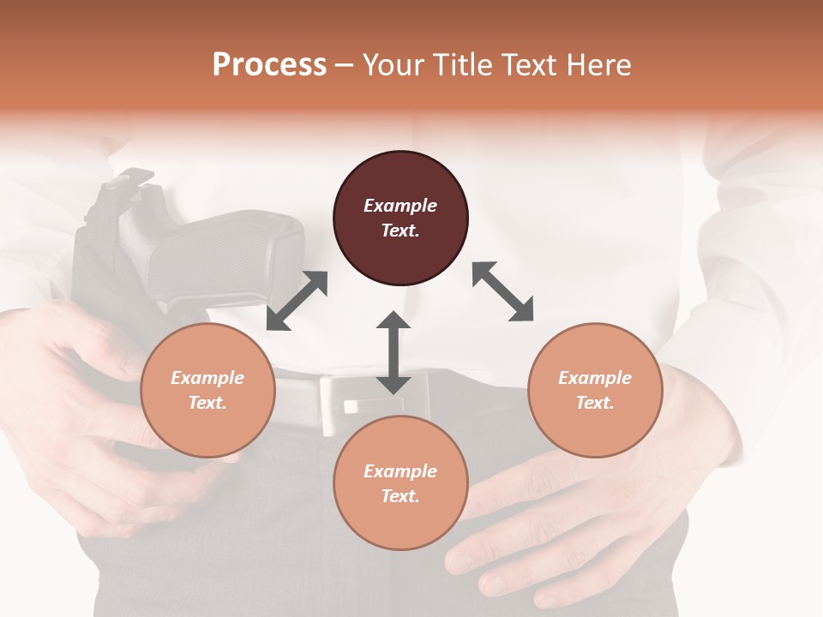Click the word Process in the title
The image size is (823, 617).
(269, 65)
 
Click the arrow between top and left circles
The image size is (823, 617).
(297, 301)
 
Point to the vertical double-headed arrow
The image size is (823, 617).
(393, 353)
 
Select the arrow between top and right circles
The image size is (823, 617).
(503, 291)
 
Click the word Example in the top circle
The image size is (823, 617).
(399, 206)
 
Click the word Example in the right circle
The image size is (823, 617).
(594, 378)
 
